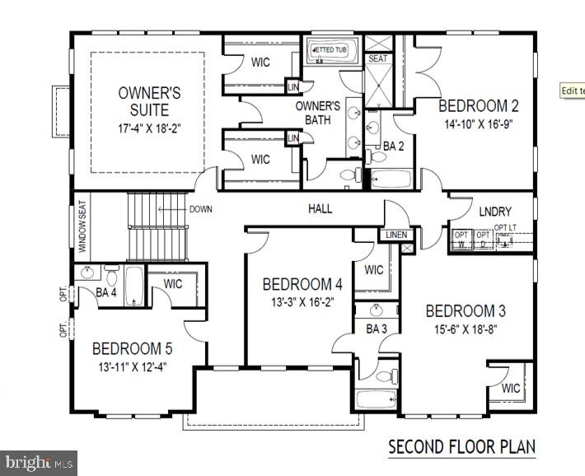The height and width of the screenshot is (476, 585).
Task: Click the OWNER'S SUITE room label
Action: [x=148, y=100]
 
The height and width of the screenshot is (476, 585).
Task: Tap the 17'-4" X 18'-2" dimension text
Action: [x=148, y=128]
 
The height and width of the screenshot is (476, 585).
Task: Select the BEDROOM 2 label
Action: [x=478, y=106]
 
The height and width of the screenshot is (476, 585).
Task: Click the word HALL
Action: [x=320, y=209]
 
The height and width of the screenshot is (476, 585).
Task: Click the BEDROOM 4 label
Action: [x=302, y=285]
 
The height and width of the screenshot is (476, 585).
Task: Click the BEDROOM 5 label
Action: [x=132, y=348]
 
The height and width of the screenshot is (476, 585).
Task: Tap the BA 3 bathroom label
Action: [x=377, y=329]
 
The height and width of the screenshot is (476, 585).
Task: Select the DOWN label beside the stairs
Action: [x=200, y=209]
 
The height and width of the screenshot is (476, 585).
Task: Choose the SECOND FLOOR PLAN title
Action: [x=461, y=447]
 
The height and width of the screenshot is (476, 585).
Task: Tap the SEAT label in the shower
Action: [x=377, y=59]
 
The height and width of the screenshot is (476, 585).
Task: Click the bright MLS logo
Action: [x=39, y=462]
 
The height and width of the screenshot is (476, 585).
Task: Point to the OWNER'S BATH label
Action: [x=317, y=112]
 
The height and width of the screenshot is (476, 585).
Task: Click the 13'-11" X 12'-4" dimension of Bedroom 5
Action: [x=132, y=367]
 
